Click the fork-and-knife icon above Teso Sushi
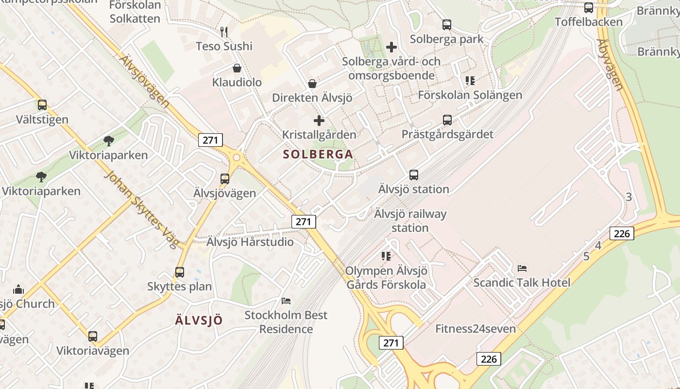224,32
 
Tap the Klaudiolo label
237,82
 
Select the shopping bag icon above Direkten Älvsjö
312,84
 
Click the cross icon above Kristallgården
319,121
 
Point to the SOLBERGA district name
318,155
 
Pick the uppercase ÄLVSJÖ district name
199,320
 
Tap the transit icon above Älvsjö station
414,175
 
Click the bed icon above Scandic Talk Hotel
522,268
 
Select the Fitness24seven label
475,329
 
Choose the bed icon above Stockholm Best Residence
286,301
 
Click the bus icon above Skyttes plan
180,272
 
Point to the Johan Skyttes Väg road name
141,209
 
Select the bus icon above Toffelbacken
589,8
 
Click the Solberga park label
446,39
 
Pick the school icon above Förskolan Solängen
470,80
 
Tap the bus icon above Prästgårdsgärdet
447,120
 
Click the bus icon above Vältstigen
42,105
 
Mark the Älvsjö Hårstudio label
250,242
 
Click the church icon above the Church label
19,289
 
